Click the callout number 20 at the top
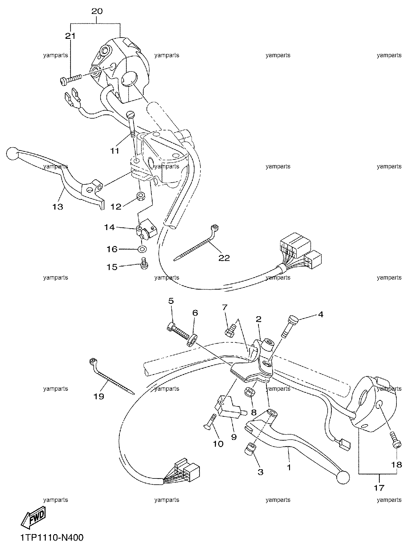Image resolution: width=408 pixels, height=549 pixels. (x=97, y=11)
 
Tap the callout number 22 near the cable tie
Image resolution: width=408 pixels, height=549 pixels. (x=224, y=258)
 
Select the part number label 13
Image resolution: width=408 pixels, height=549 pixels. (x=58, y=206)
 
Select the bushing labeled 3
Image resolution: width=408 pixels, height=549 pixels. (x=250, y=454)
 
